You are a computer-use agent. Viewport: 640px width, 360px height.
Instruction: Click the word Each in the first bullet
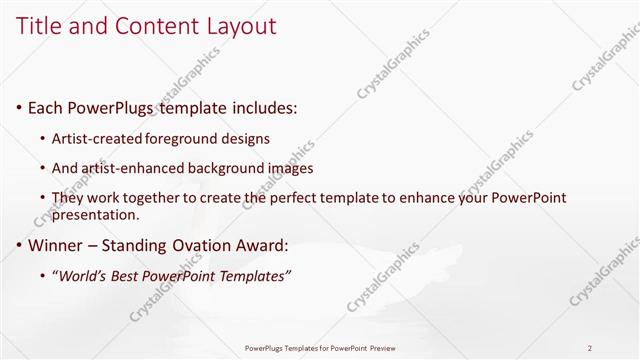coord(45,105)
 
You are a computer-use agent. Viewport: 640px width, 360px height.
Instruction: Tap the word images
coord(289,168)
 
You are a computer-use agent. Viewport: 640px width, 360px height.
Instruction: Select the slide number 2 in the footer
coord(590,348)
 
